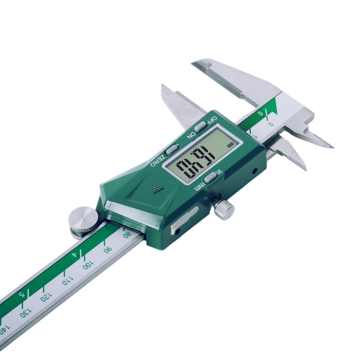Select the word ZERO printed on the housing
click(x=158, y=160)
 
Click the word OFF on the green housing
click(x=210, y=121)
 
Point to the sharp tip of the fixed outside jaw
click(x=332, y=147)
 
